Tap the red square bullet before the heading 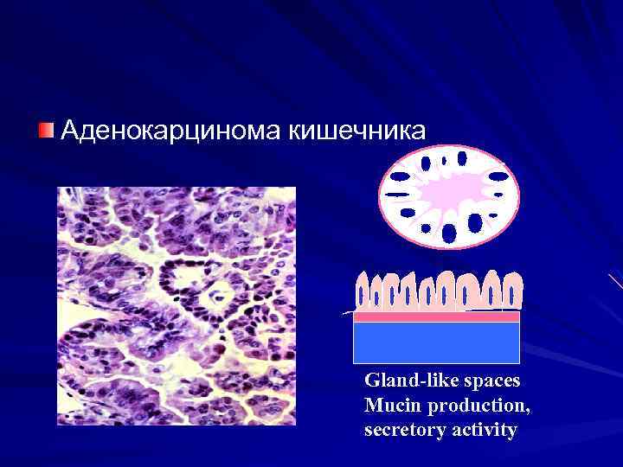pos(46,130)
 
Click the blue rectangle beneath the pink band pos(436,342)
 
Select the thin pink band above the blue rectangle pos(436,317)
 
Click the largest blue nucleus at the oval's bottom pos(449,233)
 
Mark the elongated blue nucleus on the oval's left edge pos(399,176)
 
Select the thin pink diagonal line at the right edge pos(615,281)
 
